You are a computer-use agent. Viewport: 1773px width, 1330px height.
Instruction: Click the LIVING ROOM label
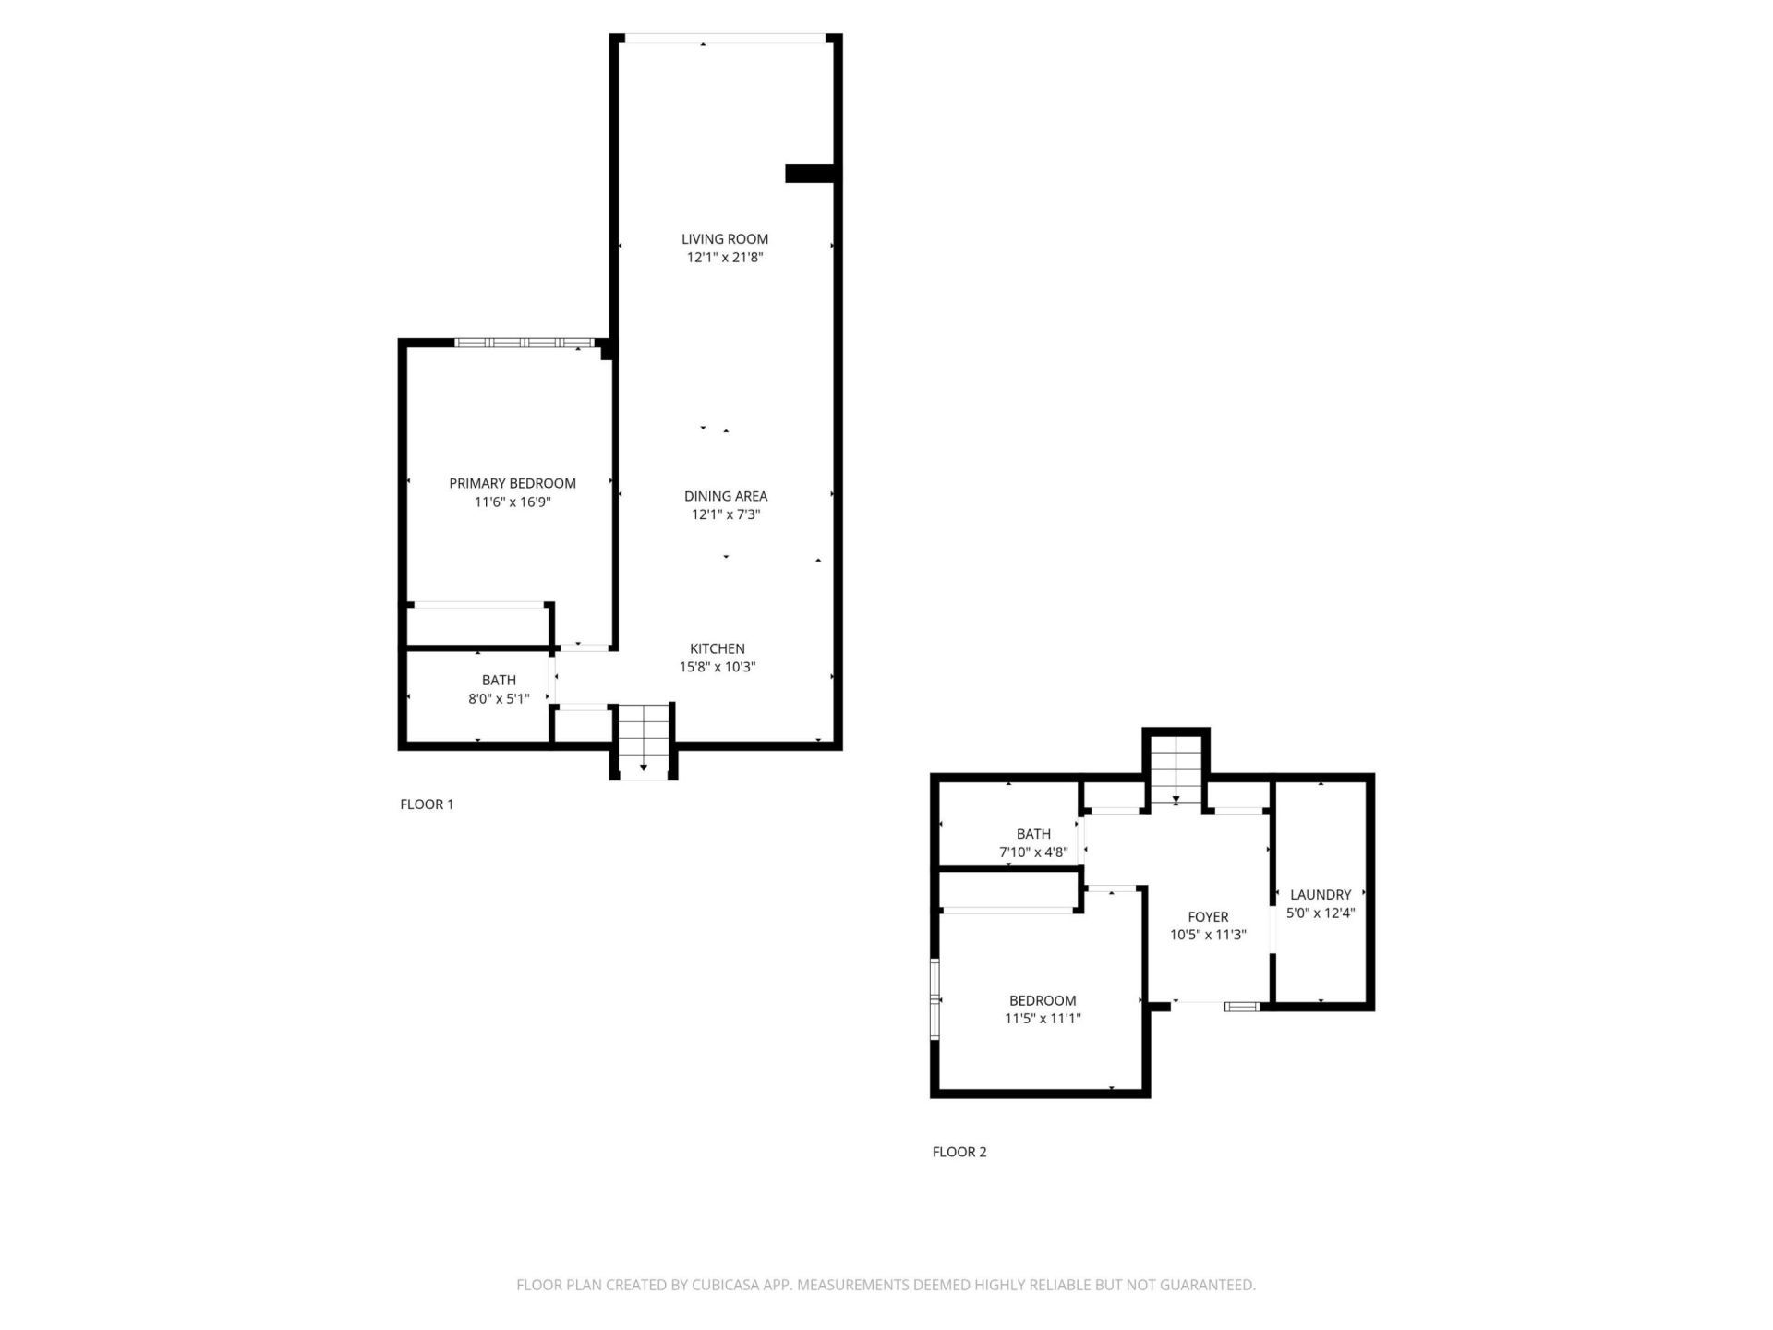coord(725,239)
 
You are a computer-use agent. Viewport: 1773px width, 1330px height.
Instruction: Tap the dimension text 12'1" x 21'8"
coord(725,258)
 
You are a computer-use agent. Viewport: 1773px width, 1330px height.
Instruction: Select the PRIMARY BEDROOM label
coord(513,483)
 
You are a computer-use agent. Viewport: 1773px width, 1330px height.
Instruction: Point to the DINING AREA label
coord(726,496)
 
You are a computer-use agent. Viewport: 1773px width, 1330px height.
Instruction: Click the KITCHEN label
coord(718,648)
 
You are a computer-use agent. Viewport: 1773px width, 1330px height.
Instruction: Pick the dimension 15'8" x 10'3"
coord(718,667)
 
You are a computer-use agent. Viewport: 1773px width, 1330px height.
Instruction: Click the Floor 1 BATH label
coord(499,681)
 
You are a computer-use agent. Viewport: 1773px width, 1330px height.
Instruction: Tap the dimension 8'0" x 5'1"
coord(499,699)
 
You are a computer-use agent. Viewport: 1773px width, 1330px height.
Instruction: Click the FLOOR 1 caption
coord(427,804)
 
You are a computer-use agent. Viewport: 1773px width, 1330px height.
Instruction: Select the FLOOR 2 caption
coord(959,1152)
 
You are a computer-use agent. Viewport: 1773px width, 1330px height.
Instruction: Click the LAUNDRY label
coord(1321,894)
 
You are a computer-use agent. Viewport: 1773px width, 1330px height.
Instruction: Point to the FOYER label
coord(1208,917)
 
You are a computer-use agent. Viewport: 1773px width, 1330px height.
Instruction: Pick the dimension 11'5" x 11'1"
coord(1043,1019)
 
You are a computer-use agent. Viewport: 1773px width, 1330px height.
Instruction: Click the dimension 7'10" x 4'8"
coord(1033,852)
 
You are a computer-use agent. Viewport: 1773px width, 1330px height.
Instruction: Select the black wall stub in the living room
coord(809,174)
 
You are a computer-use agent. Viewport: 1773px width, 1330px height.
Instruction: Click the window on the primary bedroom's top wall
coord(524,343)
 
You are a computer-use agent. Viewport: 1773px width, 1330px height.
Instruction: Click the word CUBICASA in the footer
coord(734,1285)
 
